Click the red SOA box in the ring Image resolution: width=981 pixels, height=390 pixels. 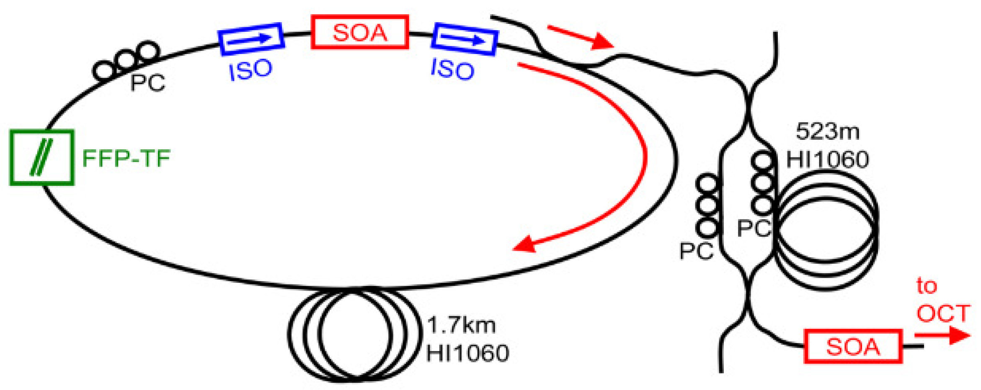(x=359, y=32)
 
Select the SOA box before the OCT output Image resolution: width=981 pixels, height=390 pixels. (x=852, y=346)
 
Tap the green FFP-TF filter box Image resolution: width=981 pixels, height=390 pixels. (x=42, y=157)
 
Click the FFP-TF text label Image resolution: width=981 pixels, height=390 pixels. (x=126, y=158)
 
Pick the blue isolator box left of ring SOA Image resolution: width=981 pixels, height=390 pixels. (x=251, y=39)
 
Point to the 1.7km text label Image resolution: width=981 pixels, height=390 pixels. (x=461, y=325)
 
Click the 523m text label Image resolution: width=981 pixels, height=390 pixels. (x=827, y=131)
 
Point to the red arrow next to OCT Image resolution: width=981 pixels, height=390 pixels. (x=942, y=335)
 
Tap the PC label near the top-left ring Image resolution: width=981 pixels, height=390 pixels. (x=147, y=82)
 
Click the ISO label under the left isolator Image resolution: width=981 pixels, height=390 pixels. (x=251, y=69)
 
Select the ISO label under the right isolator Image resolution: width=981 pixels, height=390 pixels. (x=453, y=69)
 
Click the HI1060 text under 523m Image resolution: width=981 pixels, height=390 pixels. (x=827, y=159)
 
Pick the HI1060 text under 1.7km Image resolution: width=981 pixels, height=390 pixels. (x=467, y=353)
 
